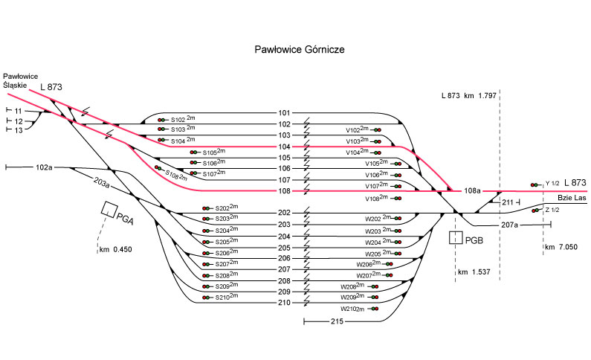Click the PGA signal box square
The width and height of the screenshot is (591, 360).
[109, 209]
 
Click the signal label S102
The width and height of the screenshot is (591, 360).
[178, 119]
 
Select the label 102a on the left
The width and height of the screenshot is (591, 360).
[44, 167]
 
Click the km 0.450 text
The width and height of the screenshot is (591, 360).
[115, 250]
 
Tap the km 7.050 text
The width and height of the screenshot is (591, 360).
[561, 246]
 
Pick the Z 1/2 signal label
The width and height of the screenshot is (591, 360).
[551, 210]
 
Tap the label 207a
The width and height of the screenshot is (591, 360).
[510, 224]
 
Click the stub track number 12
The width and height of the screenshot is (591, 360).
[19, 120]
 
